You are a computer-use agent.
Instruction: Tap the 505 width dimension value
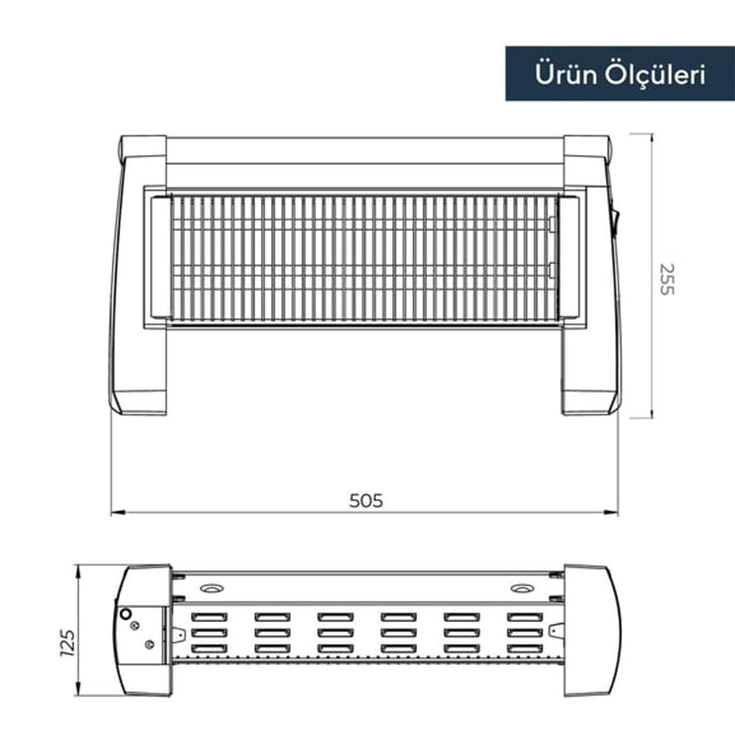coord(366,501)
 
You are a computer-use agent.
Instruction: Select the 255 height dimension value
coord(666,279)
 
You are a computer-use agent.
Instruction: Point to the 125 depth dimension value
coord(68,643)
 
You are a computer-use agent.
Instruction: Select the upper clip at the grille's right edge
coord(551,223)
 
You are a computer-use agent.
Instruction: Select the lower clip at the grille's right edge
coord(551,270)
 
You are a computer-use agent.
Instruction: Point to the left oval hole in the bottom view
coord(212,588)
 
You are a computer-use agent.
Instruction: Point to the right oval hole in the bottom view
coord(520,588)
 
